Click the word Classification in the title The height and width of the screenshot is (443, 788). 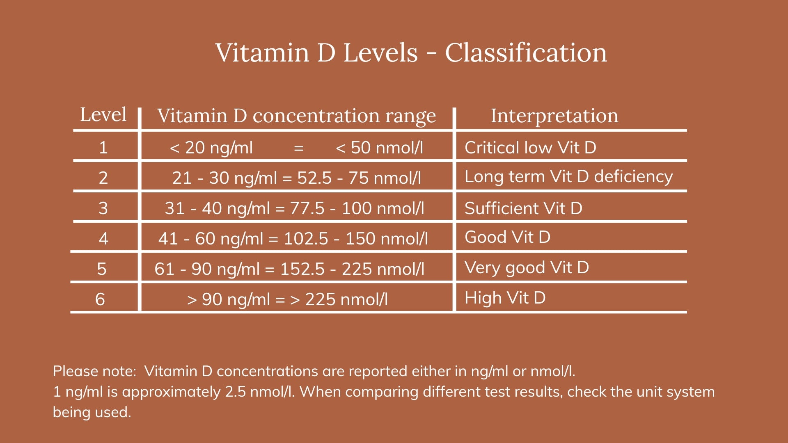coord(526,53)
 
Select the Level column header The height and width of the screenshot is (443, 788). coord(103,114)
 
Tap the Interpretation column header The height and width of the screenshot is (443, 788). coord(554,116)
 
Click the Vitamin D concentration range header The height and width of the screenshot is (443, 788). coord(296,116)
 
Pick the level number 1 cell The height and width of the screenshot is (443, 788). coord(103,148)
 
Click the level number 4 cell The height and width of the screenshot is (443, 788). coord(103,239)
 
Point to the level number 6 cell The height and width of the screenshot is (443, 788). coord(100,299)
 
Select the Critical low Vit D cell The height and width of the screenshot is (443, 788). coord(530,148)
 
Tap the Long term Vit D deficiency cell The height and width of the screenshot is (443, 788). coord(568,177)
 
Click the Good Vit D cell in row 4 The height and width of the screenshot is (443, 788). coord(507,237)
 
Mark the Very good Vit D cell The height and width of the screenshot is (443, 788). coord(527,268)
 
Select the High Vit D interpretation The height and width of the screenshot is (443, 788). coord(505,298)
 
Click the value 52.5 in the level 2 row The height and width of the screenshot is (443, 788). coord(314,178)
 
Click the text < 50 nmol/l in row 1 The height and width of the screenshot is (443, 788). coord(379,148)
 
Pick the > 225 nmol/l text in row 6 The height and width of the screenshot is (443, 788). coord(339,299)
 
